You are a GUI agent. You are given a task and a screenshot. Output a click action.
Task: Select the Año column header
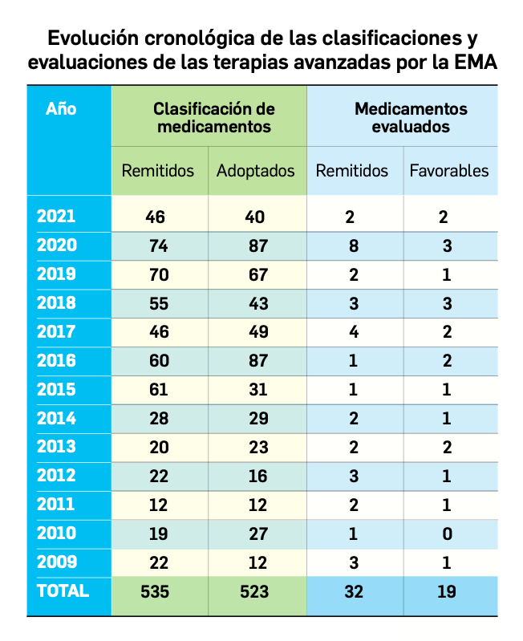62,108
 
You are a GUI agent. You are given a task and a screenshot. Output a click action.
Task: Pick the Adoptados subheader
256,171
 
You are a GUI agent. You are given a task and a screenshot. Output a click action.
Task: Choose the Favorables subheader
449,171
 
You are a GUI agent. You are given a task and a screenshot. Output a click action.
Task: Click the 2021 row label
57,216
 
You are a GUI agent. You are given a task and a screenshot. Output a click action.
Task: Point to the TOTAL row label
63,590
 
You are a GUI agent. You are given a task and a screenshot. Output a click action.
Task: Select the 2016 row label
57,360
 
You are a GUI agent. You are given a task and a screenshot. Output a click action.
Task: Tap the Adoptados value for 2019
257,274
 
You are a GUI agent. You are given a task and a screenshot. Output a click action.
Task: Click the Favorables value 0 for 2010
448,533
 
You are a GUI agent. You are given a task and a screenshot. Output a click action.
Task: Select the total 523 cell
257,591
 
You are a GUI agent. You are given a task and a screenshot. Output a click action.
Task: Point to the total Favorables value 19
448,591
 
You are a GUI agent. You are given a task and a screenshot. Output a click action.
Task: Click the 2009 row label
57,562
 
